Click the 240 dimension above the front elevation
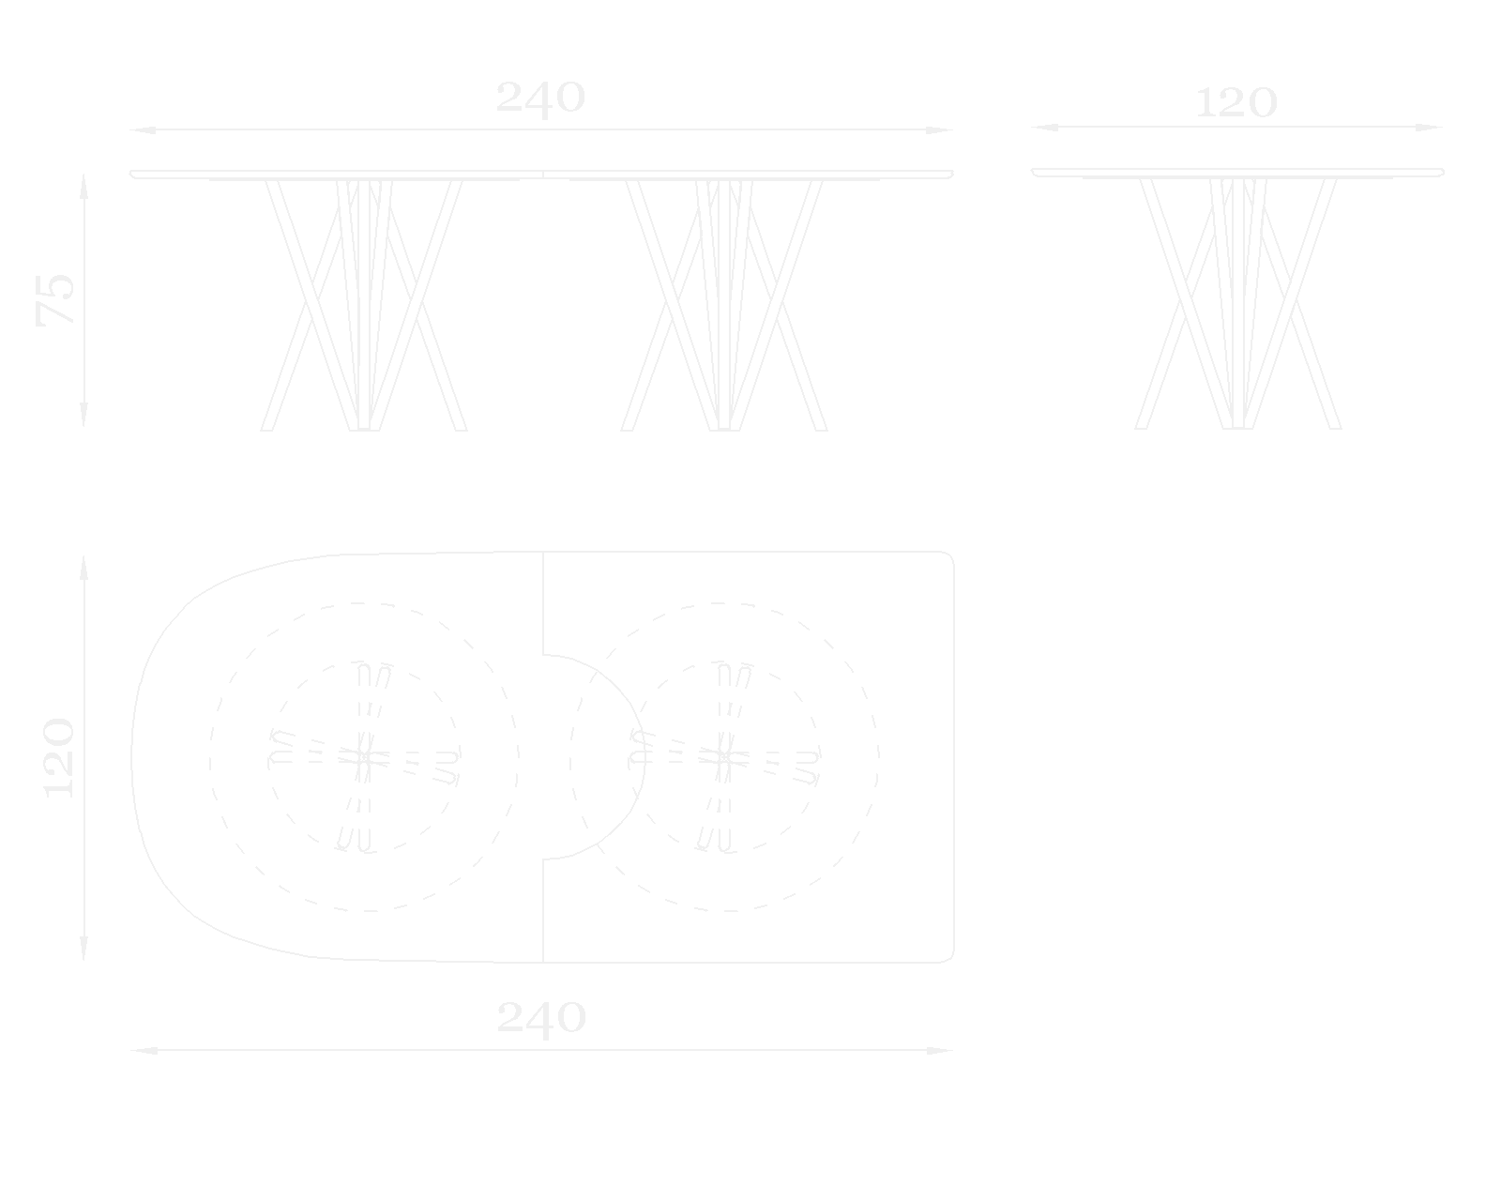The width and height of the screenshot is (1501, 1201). click(x=540, y=98)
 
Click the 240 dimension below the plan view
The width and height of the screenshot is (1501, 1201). click(x=541, y=1017)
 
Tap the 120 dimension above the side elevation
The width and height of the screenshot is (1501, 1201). click(x=1236, y=103)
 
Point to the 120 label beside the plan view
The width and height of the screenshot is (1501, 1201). click(x=59, y=757)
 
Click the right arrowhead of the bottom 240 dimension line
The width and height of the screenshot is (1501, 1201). click(x=940, y=1050)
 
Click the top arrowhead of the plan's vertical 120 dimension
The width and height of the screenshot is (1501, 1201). click(x=83, y=569)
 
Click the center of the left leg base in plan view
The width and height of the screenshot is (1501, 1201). click(x=364, y=756)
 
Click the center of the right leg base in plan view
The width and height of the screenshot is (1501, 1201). click(x=724, y=756)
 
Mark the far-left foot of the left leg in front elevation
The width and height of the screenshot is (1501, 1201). click(x=267, y=429)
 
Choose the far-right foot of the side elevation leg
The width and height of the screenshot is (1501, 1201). click(x=1335, y=427)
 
